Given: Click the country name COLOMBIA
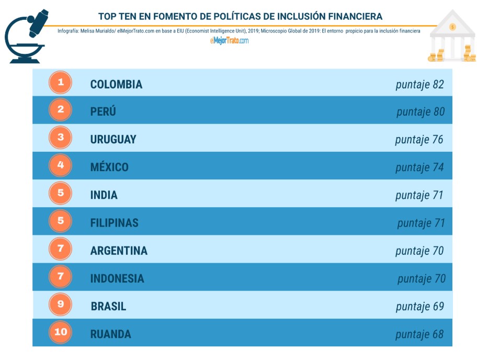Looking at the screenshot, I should [116, 84].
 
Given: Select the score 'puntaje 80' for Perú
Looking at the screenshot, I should [421, 112].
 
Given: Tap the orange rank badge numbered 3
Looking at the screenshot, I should [61, 138].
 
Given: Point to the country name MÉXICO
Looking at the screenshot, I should [109, 167].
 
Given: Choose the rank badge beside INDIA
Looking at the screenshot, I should [61, 193].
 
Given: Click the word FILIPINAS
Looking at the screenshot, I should [114, 223].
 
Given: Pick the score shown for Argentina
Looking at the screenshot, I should [419, 251].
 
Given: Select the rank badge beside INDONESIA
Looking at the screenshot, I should [61, 276].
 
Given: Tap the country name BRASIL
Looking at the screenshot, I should [108, 306].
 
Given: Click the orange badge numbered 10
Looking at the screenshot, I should [61, 332].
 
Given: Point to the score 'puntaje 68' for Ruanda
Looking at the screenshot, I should [419, 334].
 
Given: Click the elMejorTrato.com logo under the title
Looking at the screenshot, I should [230, 40].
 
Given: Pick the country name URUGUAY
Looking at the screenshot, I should [113, 140].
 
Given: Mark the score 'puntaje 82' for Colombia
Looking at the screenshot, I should [419, 84].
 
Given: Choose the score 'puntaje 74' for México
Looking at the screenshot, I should [419, 167].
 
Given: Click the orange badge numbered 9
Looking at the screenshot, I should [61, 304].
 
